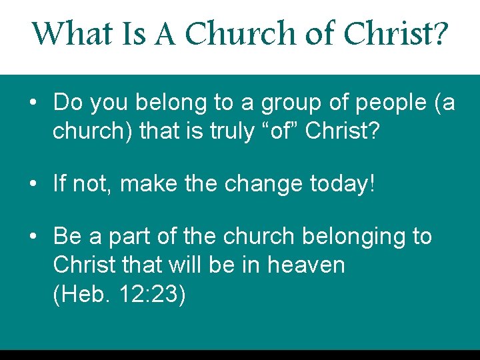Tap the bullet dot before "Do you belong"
(x=33, y=103)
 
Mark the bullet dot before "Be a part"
(x=33, y=237)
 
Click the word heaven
(x=306, y=265)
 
